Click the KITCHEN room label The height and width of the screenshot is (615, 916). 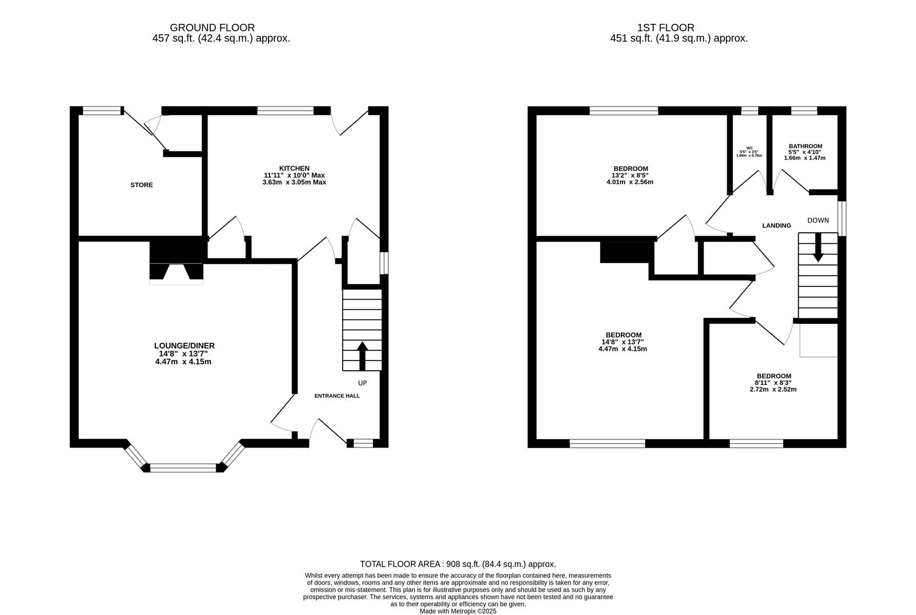click(x=294, y=168)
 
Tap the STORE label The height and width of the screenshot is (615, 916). click(x=141, y=185)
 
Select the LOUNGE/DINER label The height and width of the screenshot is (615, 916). click(x=184, y=346)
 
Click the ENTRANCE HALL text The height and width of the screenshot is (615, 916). click(x=337, y=396)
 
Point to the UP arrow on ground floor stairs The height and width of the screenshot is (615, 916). click(x=362, y=355)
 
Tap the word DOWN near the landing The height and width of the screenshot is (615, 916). click(x=818, y=220)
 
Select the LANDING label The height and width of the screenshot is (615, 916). click(x=776, y=225)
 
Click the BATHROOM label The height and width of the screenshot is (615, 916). click(x=805, y=146)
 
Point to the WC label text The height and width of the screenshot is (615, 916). click(x=749, y=147)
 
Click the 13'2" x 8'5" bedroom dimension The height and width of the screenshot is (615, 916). click(x=630, y=175)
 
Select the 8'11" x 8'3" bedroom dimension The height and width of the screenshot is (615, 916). click(x=773, y=383)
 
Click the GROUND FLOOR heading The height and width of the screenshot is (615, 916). click(x=212, y=27)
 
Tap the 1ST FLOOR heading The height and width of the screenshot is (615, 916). click(x=665, y=27)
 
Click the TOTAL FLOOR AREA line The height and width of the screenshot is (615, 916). click(x=458, y=564)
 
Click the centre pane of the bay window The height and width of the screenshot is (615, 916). click(x=184, y=468)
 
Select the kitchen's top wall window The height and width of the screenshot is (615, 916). click(x=285, y=111)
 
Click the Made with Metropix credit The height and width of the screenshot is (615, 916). click(x=458, y=611)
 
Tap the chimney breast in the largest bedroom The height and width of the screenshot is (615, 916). click(x=625, y=252)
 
